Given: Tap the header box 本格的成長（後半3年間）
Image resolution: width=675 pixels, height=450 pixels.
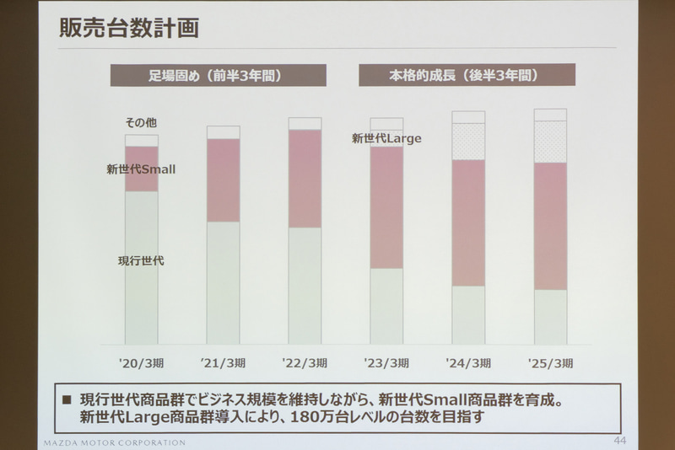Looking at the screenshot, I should pyautogui.click(x=467, y=75).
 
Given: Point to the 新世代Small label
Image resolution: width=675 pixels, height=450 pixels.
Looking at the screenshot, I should pyautogui.click(x=141, y=169).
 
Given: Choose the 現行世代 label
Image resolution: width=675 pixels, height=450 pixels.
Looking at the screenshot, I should pyautogui.click(x=141, y=261).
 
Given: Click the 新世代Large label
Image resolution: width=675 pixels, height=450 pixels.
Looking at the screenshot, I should pyautogui.click(x=386, y=138).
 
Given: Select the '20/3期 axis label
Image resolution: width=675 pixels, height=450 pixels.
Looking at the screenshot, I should pyautogui.click(x=141, y=363).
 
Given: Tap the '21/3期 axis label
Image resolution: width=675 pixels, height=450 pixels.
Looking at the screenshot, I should pyautogui.click(x=223, y=363).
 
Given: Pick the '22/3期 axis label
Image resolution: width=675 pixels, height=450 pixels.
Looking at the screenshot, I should pyautogui.click(x=305, y=363).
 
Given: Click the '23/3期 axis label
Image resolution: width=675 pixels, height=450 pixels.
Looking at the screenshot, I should pyautogui.click(x=386, y=363).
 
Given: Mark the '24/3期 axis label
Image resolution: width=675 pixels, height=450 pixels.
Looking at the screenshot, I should pyautogui.click(x=468, y=363).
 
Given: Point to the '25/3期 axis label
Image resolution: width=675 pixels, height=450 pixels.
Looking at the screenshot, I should pyautogui.click(x=550, y=363).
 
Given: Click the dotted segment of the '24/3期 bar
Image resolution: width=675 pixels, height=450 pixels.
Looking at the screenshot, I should pyautogui.click(x=468, y=142).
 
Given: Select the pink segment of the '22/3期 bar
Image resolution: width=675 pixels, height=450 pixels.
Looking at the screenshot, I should pyautogui.click(x=305, y=178).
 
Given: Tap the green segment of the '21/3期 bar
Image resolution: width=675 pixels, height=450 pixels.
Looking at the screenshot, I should pyautogui.click(x=223, y=282).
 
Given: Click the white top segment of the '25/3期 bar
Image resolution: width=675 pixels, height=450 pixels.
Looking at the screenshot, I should pyautogui.click(x=550, y=115).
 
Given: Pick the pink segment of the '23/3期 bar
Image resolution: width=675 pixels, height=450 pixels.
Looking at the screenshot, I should pyautogui.click(x=386, y=207).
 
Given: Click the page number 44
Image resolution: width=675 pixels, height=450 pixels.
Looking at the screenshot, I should pyautogui.click(x=620, y=441).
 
